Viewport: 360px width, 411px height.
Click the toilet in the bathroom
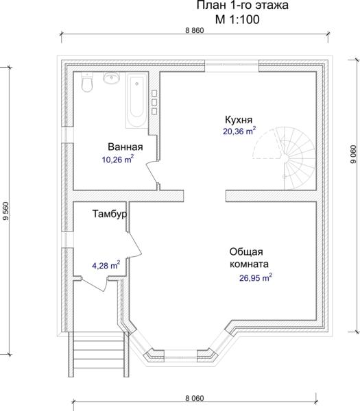point(87,82)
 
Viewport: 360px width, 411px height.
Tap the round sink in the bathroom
point(112,77)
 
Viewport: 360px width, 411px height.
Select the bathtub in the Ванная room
point(136,100)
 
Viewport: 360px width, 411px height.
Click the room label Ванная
point(125,147)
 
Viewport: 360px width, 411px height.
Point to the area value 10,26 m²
point(118,159)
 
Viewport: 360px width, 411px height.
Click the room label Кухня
point(239,120)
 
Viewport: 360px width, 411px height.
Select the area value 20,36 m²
point(239,131)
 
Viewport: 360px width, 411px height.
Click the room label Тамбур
point(110,214)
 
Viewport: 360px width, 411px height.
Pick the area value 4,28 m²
point(106,265)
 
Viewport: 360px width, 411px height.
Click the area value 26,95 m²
point(255,277)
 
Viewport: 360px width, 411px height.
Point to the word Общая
point(246,252)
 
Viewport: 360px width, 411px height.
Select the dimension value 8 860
point(195,30)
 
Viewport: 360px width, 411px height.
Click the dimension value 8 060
point(195,398)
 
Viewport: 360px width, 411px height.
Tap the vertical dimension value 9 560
point(5,211)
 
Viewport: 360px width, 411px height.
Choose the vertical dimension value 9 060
point(353,154)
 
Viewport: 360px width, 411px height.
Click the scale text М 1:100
point(237,19)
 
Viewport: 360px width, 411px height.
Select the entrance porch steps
point(99,354)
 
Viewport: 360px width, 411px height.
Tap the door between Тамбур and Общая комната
point(135,245)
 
